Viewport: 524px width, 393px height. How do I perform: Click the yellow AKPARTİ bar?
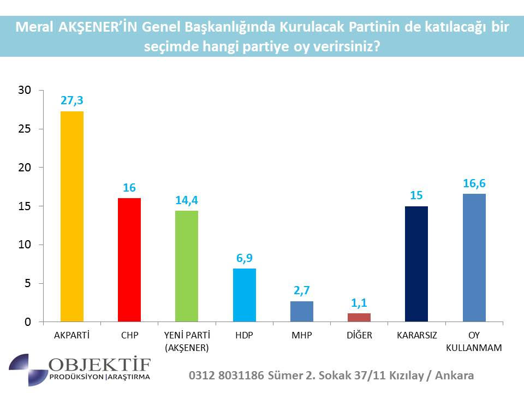point(72,217)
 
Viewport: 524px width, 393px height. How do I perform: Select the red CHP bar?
point(129,260)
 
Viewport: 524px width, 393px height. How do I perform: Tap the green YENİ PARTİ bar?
point(187,266)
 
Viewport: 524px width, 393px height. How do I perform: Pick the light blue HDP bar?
point(244,295)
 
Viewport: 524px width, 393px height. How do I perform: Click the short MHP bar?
point(302,312)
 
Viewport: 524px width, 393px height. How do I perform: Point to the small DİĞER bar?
point(359,318)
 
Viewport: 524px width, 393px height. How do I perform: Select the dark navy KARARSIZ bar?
point(416,264)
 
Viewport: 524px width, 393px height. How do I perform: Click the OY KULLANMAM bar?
point(474,258)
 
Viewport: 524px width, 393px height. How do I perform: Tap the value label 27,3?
point(72,101)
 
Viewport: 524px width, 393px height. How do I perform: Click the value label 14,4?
point(187,200)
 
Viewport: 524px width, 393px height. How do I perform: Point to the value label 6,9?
point(244,258)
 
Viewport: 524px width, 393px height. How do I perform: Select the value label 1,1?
point(359,303)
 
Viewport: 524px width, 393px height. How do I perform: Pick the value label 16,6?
point(474,183)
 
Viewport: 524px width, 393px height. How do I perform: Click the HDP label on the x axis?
point(244,335)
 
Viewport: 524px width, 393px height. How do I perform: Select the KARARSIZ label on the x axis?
point(416,335)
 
